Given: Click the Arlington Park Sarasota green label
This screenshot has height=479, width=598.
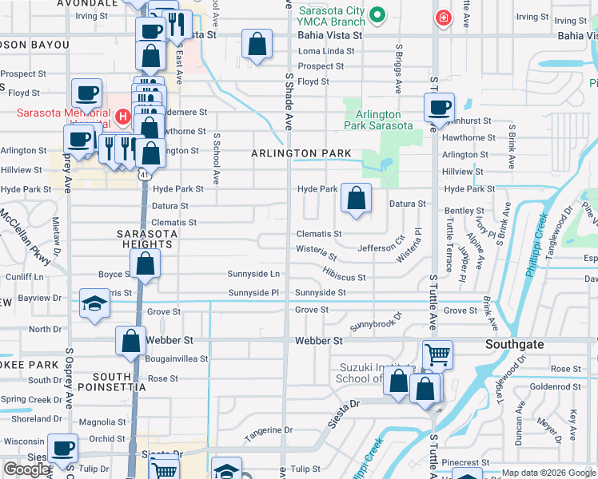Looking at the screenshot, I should pos(379,120).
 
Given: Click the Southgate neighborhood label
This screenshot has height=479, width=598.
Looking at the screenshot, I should pos(515,344).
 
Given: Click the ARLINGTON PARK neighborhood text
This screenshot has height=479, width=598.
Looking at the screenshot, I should pos(301,152).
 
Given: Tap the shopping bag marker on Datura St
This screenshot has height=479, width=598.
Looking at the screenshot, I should pos(356,197).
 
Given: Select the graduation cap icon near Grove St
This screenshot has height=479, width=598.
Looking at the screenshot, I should pos(94,304).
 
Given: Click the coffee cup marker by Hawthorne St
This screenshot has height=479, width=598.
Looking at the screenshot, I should pos(437,107).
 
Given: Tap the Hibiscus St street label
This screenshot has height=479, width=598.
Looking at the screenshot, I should pos(345,278).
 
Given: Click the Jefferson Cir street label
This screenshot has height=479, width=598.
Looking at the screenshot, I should pos(381,248).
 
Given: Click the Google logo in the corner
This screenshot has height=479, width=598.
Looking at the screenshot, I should pos(26,469).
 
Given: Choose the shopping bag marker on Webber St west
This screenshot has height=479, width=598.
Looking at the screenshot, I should pos(130,341).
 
